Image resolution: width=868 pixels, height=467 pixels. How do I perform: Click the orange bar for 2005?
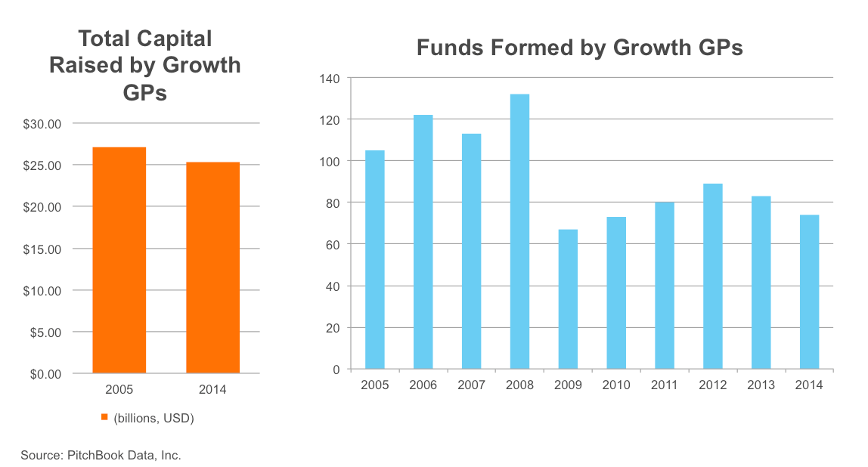click(x=119, y=260)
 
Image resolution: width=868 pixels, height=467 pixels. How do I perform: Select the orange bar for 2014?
click(x=212, y=268)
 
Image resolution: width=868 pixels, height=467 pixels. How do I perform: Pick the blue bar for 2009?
click(x=568, y=299)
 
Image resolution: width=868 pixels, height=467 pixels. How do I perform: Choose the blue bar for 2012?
click(x=712, y=277)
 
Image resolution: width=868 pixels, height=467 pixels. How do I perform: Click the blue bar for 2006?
click(x=423, y=242)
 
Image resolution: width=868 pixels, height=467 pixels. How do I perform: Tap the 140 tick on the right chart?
click(x=330, y=78)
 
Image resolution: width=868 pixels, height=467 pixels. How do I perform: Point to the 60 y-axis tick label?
click(x=333, y=245)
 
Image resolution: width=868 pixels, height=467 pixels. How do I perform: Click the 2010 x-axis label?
click(x=616, y=385)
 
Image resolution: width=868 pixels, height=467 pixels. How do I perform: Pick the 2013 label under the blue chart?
click(x=761, y=385)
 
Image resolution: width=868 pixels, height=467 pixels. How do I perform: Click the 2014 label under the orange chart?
click(x=212, y=390)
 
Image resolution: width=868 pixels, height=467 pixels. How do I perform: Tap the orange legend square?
click(x=105, y=418)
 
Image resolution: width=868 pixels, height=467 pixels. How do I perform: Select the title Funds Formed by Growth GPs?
click(x=580, y=48)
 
